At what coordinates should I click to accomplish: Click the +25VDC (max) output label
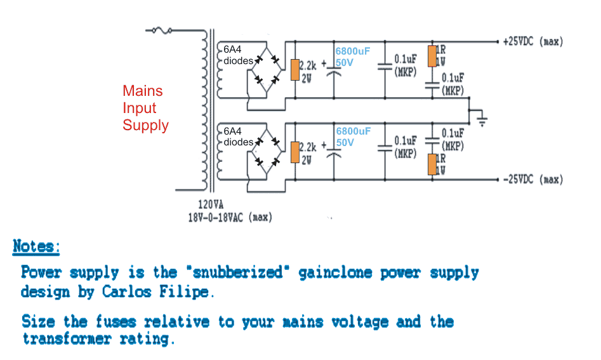(532, 42)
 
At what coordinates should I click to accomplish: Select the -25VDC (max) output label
(532, 180)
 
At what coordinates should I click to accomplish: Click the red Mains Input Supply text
(145, 108)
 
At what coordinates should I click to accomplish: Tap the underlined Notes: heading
(37, 246)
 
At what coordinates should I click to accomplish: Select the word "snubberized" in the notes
(237, 273)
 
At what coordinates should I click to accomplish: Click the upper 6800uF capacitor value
(352, 51)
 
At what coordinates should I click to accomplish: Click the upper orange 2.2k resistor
(295, 69)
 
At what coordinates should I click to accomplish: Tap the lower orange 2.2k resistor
(295, 152)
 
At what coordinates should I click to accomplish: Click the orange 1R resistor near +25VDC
(432, 56)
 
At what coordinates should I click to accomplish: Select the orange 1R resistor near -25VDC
(432, 164)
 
